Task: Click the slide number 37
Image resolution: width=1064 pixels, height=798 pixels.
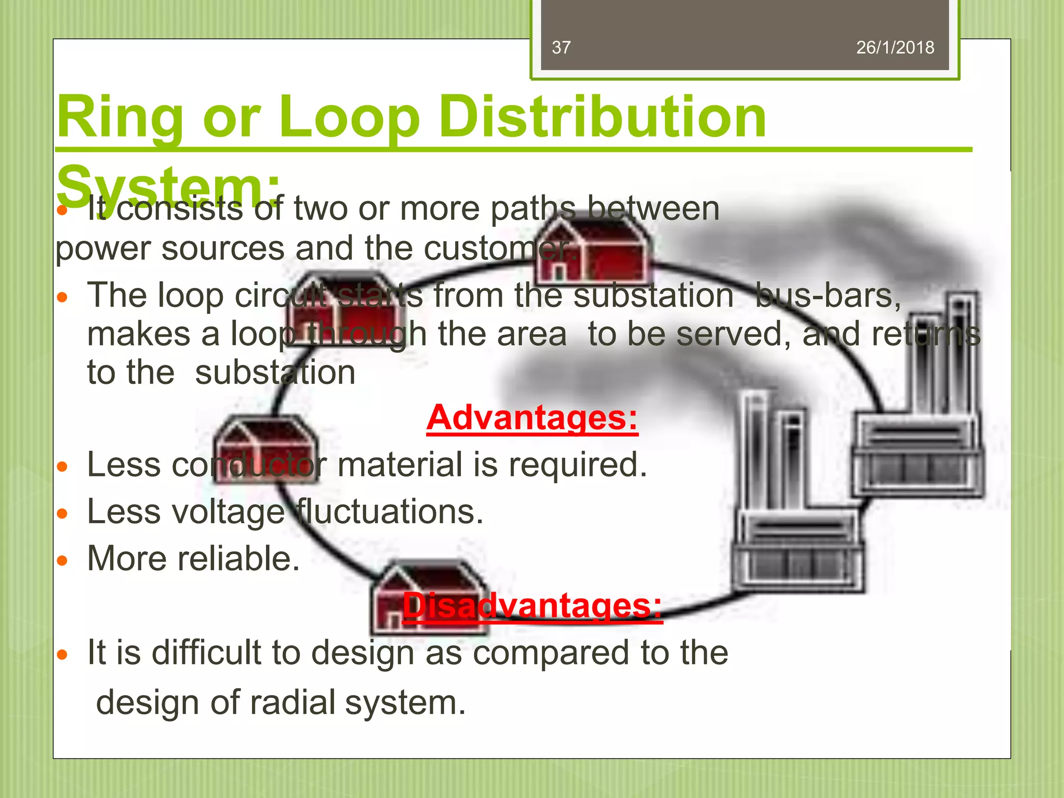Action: (561, 48)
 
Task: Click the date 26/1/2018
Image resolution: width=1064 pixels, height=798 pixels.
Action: (895, 48)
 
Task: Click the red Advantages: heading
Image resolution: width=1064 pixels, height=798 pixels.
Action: (532, 418)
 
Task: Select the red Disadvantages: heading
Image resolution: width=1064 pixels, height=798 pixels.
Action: (532, 606)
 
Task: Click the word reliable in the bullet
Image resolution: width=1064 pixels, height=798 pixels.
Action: (238, 559)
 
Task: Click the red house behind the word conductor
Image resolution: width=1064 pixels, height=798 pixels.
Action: (265, 449)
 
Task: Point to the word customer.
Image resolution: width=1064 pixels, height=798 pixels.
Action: (499, 248)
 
